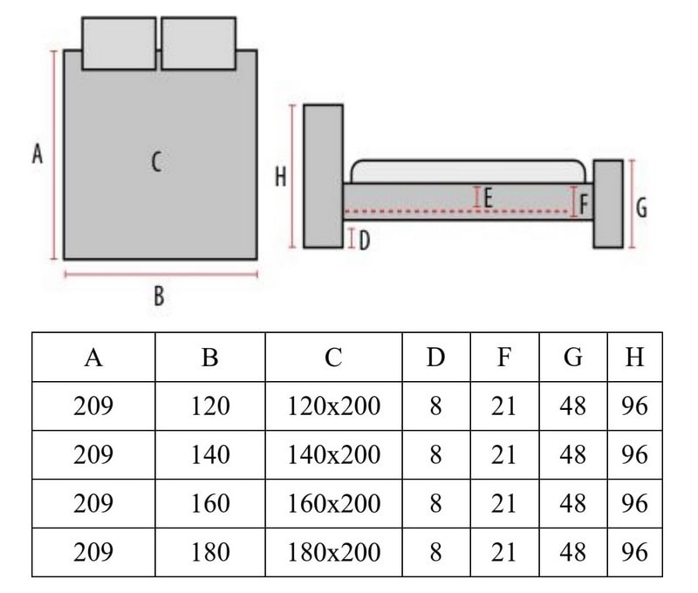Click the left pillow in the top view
coord(120,43)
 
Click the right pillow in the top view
coord(198,43)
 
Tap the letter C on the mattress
coord(156,161)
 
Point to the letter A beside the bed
coord(37,155)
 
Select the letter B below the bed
coord(159,296)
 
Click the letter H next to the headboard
coord(281,177)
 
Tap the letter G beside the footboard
coord(641,208)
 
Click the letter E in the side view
coord(489,198)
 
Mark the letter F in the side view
coord(585,205)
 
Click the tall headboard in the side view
coord(323,176)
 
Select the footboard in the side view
coord(608,204)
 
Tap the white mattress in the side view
coord(468,171)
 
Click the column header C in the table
coord(333,357)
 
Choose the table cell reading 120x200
coord(333,406)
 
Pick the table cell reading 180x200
coord(333,552)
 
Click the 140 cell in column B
coord(209,454)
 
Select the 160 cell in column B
coord(209,503)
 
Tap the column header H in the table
coord(634,357)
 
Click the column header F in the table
coord(504,357)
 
